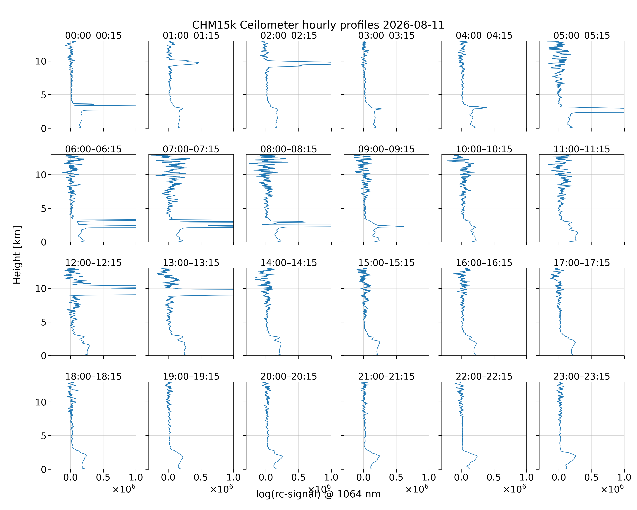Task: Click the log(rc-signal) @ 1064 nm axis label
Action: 318,494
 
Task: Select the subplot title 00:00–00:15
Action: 93,36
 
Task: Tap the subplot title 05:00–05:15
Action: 581,36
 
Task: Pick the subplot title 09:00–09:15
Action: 386,149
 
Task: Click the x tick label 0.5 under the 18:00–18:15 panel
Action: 103,478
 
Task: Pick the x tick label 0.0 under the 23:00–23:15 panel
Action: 559,478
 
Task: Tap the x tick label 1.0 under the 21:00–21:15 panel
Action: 429,478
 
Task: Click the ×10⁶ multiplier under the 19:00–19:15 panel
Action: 222,489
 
